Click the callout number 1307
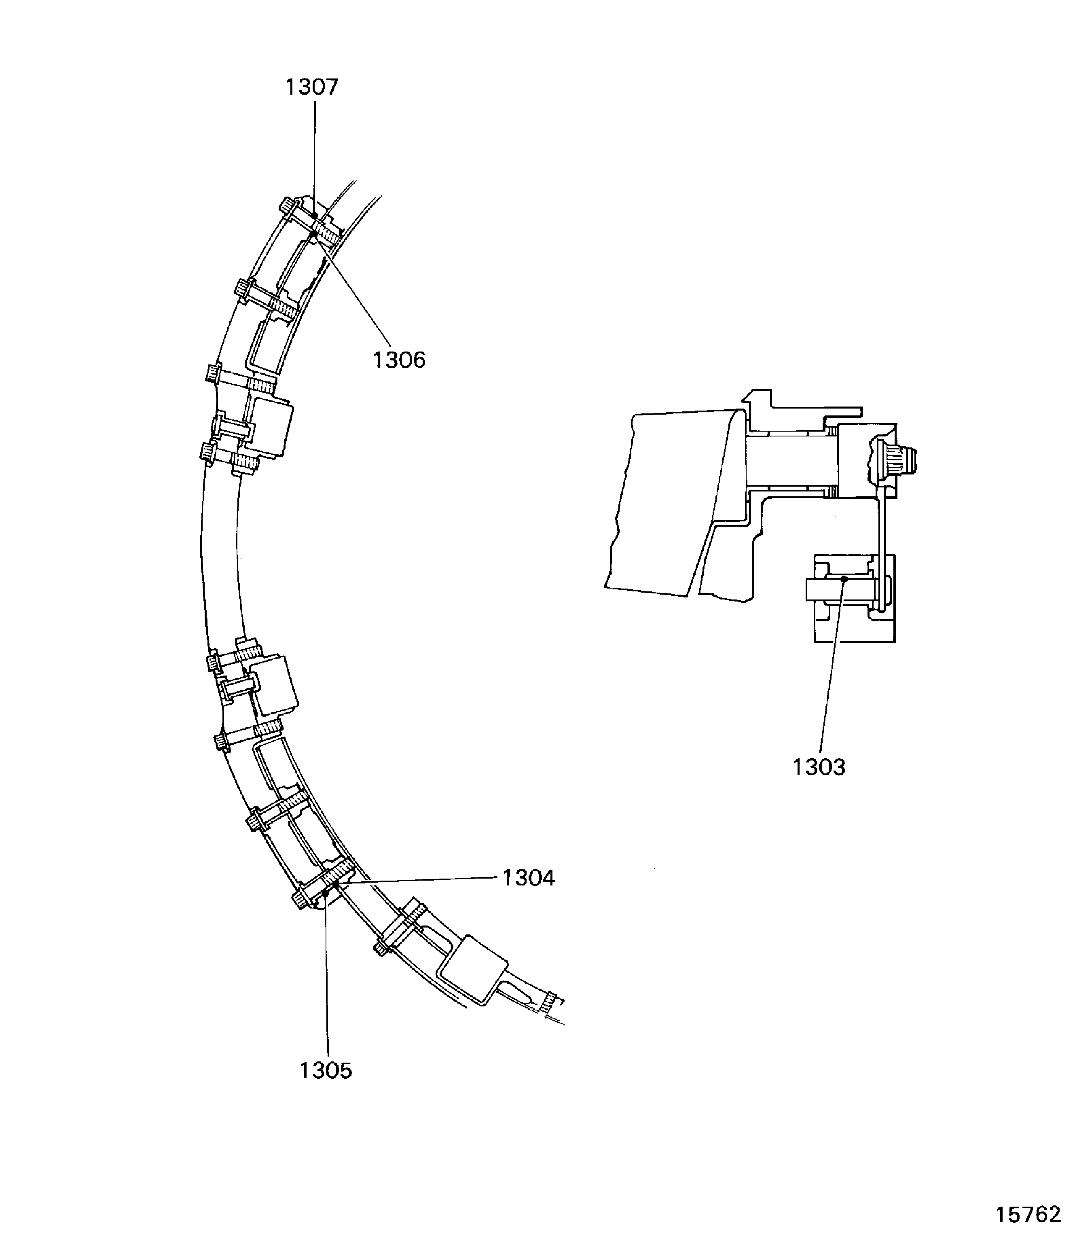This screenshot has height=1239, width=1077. pos(311,88)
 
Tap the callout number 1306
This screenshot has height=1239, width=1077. pos(399,361)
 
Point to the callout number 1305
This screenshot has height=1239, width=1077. pos(326,1071)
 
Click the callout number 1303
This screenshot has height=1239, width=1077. pos(819,768)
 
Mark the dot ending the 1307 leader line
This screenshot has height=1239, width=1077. pos(314,215)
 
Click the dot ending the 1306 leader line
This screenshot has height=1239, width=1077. pos(313,234)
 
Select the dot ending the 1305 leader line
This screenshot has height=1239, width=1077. pos(325,893)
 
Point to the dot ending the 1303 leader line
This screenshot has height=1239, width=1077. pos(844,579)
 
